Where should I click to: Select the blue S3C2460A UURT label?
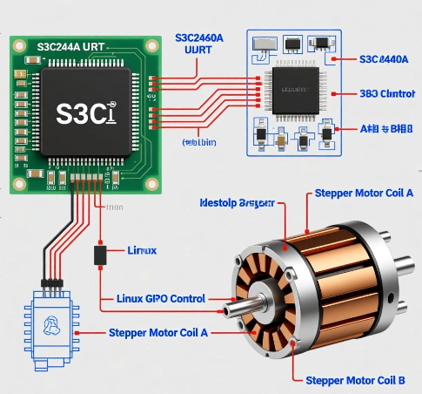coord(199,44)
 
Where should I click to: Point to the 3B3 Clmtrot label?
coord(387,93)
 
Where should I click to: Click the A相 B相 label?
coord(386,128)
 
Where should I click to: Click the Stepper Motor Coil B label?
coord(355,380)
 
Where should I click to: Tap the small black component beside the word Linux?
coord(100,255)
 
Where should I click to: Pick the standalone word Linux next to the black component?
coord(141,250)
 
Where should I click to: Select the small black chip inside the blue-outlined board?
coord(292,87)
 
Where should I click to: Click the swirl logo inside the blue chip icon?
coord(50,324)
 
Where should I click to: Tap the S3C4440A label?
coord(384,59)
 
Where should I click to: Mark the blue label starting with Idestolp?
coord(237,202)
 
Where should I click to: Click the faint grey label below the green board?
coord(114,207)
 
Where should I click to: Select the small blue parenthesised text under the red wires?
coord(202,140)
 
